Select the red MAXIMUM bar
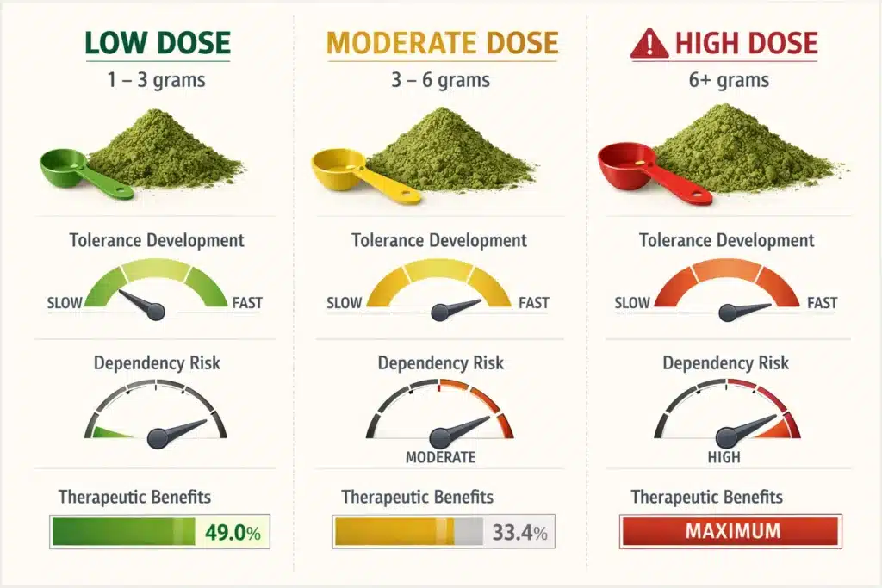coord(730,531)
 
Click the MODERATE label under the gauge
coord(440,457)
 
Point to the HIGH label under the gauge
coord(724,457)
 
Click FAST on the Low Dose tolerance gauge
coord(247,303)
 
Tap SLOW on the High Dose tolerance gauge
coord(632,303)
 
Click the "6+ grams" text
coord(730,81)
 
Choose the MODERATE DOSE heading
coord(443,43)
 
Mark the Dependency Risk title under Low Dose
coord(157,362)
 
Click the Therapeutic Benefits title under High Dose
coord(706,497)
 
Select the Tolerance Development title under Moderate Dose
coord(439,241)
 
